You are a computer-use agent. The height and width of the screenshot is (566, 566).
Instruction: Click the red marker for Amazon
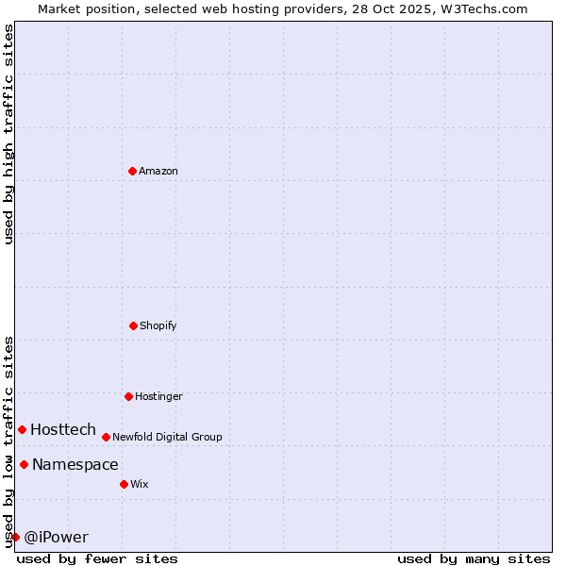click(132, 171)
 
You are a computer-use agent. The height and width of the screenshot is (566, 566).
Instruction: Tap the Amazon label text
click(158, 172)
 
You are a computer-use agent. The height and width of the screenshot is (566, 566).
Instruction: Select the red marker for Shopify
click(133, 325)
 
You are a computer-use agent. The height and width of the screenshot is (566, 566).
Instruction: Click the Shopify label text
click(158, 326)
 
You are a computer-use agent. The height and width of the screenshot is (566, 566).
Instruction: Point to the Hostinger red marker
click(128, 396)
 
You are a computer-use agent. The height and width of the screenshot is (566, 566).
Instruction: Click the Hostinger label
click(158, 397)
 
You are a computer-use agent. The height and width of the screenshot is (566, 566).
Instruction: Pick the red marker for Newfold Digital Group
click(106, 437)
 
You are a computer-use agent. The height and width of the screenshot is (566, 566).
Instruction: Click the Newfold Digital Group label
click(167, 438)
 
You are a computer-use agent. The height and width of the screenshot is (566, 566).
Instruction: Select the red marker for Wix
click(124, 484)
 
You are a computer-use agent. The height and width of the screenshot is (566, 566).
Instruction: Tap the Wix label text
click(140, 485)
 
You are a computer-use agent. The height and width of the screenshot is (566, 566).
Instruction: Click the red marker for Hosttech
click(22, 429)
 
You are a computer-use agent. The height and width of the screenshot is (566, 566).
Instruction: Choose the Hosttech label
click(63, 430)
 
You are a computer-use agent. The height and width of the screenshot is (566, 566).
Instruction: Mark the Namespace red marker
click(24, 464)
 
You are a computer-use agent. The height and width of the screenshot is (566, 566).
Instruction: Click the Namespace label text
click(75, 465)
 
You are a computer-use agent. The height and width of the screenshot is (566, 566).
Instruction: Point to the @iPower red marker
click(15, 537)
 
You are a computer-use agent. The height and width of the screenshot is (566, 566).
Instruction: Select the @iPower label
click(57, 538)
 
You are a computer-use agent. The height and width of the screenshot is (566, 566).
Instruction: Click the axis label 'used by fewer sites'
click(97, 558)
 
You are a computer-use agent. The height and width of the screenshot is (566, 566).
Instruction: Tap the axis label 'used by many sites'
click(474, 558)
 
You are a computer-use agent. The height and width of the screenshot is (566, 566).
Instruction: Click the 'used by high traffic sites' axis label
click(8, 134)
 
